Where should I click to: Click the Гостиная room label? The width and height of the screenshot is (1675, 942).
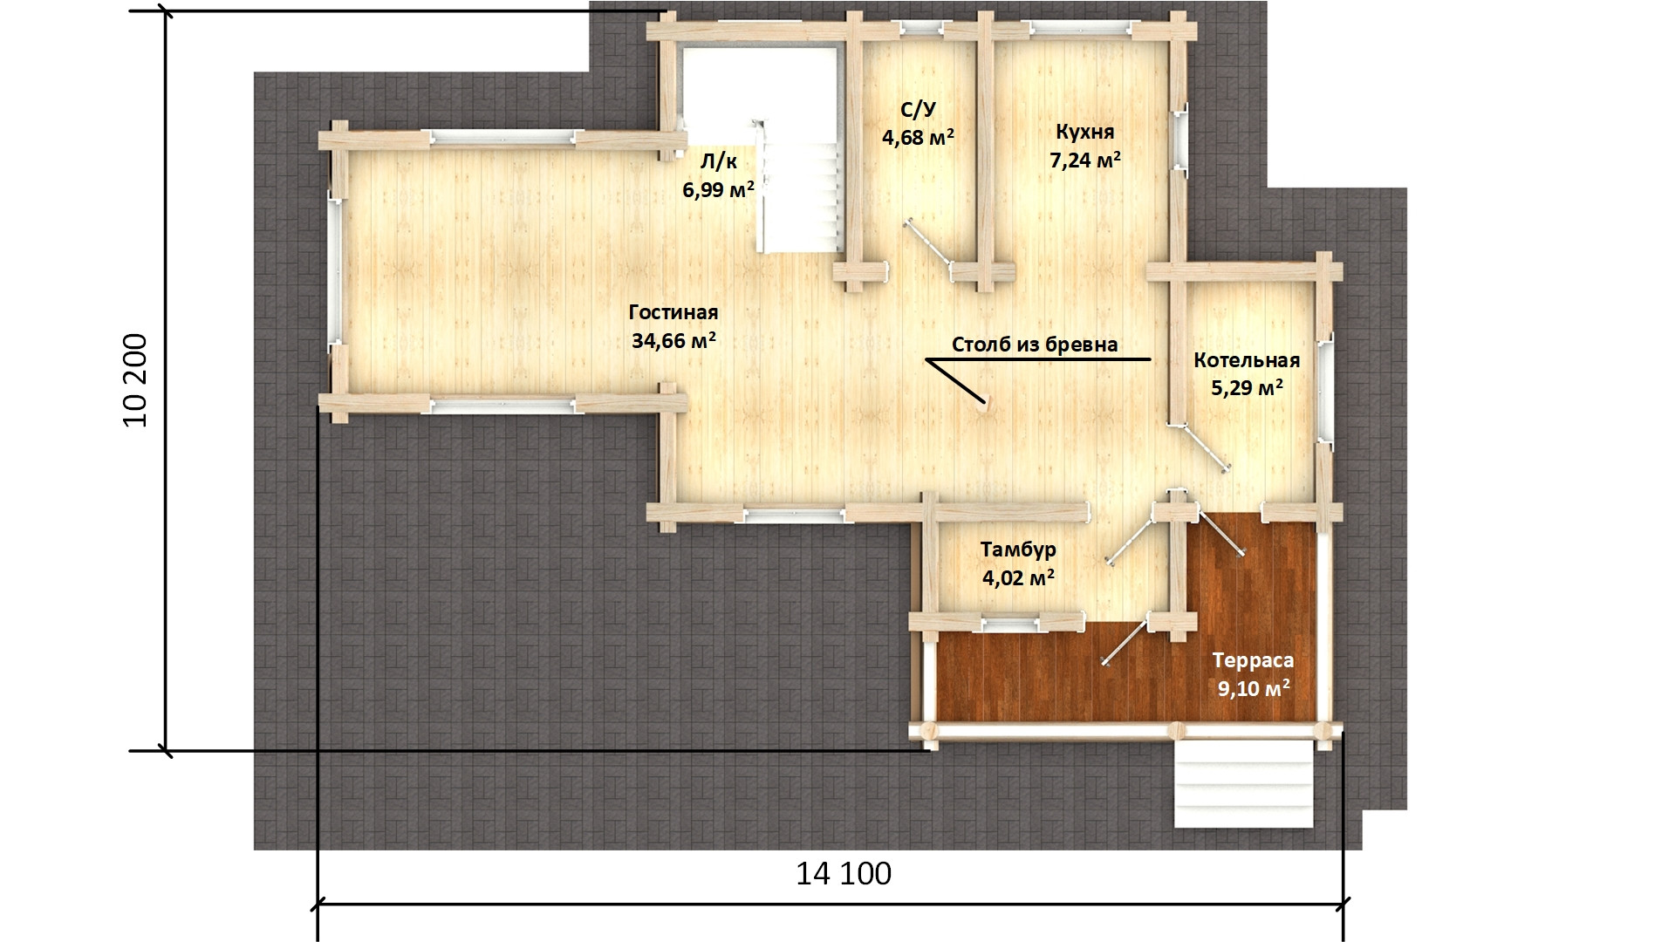pyautogui.click(x=673, y=312)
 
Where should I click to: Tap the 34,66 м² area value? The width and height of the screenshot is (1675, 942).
pyautogui.click(x=674, y=340)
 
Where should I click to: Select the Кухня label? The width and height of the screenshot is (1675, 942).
pyautogui.click(x=1084, y=133)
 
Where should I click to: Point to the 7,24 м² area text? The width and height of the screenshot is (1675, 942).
pyautogui.click(x=1085, y=160)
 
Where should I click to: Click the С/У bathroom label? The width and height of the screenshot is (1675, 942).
pyautogui.click(x=918, y=110)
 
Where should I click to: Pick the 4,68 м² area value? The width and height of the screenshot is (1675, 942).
pyautogui.click(x=918, y=138)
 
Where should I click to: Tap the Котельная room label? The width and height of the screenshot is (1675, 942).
pyautogui.click(x=1247, y=360)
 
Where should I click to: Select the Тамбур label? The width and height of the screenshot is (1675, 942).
pyautogui.click(x=1018, y=549)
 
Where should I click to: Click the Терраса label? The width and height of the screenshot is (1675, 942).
pyautogui.click(x=1254, y=660)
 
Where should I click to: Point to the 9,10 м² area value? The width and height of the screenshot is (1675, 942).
pyautogui.click(x=1255, y=688)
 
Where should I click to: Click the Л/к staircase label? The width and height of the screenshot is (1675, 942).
pyautogui.click(x=719, y=160)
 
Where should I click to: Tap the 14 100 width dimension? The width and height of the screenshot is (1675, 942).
pyautogui.click(x=844, y=873)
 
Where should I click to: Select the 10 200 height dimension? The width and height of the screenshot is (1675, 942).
pyautogui.click(x=137, y=380)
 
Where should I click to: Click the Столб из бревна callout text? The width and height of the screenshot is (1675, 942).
pyautogui.click(x=1035, y=345)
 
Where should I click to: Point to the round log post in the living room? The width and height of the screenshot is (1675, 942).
pyautogui.click(x=985, y=403)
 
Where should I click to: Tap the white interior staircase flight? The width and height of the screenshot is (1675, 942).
pyautogui.click(x=803, y=187)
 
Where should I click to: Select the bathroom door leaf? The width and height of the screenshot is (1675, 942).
pyautogui.click(x=927, y=245)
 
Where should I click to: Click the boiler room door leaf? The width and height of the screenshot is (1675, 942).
pyautogui.click(x=1204, y=447)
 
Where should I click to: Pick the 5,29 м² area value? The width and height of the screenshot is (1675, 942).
pyautogui.click(x=1247, y=387)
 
